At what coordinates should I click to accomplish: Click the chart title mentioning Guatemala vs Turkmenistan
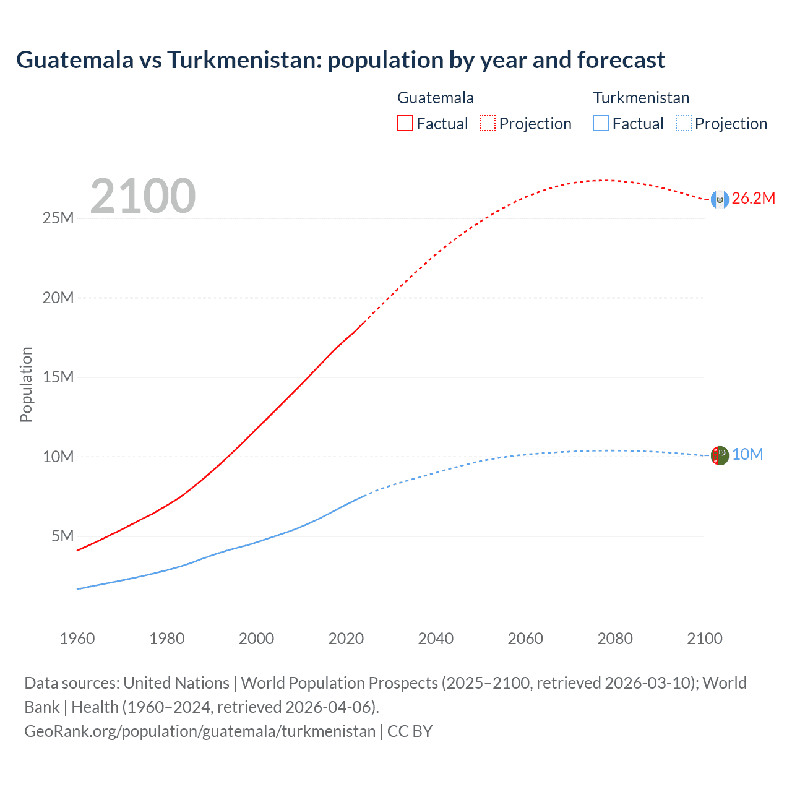tap(340, 60)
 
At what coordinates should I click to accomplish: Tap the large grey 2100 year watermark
tap(143, 196)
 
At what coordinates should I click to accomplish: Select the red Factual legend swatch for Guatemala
tap(405, 123)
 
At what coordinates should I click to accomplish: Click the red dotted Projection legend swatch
tap(488, 123)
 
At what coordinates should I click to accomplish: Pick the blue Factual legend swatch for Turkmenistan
tap(600, 123)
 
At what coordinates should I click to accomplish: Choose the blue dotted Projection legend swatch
tap(683, 123)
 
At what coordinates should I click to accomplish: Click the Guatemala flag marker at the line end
tap(719, 199)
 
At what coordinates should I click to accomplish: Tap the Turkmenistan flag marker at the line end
tap(719, 456)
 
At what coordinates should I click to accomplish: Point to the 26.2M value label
tap(753, 199)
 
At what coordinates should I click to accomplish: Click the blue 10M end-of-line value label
tap(747, 455)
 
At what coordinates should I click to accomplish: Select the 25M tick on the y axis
tap(58, 218)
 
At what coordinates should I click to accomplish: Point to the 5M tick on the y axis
tap(62, 536)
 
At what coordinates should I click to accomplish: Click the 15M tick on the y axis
tap(58, 377)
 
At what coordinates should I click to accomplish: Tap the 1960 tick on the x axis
tap(77, 639)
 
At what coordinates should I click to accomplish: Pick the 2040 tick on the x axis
tap(436, 639)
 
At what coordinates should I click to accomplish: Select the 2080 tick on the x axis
tap(615, 639)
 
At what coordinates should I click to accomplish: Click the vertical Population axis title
tap(26, 384)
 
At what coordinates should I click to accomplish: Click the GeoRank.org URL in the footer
tap(200, 731)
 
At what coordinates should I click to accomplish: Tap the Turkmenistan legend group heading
tap(641, 98)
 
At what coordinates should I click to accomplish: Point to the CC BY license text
tap(410, 731)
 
